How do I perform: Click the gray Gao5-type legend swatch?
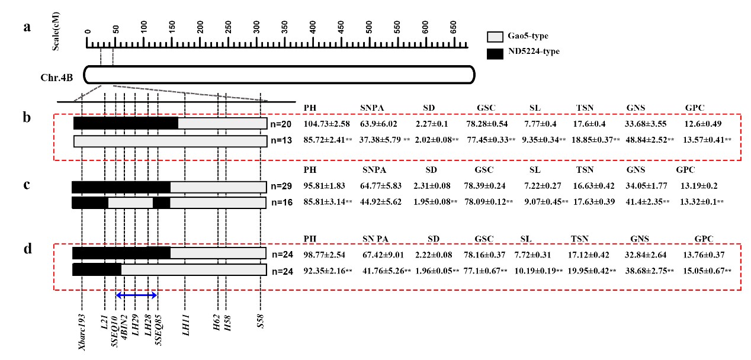pyautogui.click(x=495, y=37)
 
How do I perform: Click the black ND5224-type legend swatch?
pyautogui.click(x=495, y=53)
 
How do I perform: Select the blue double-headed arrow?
pyautogui.click(x=136, y=295)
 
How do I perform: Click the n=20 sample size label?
pyautogui.click(x=281, y=124)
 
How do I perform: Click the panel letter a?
pyautogui.click(x=27, y=27)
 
